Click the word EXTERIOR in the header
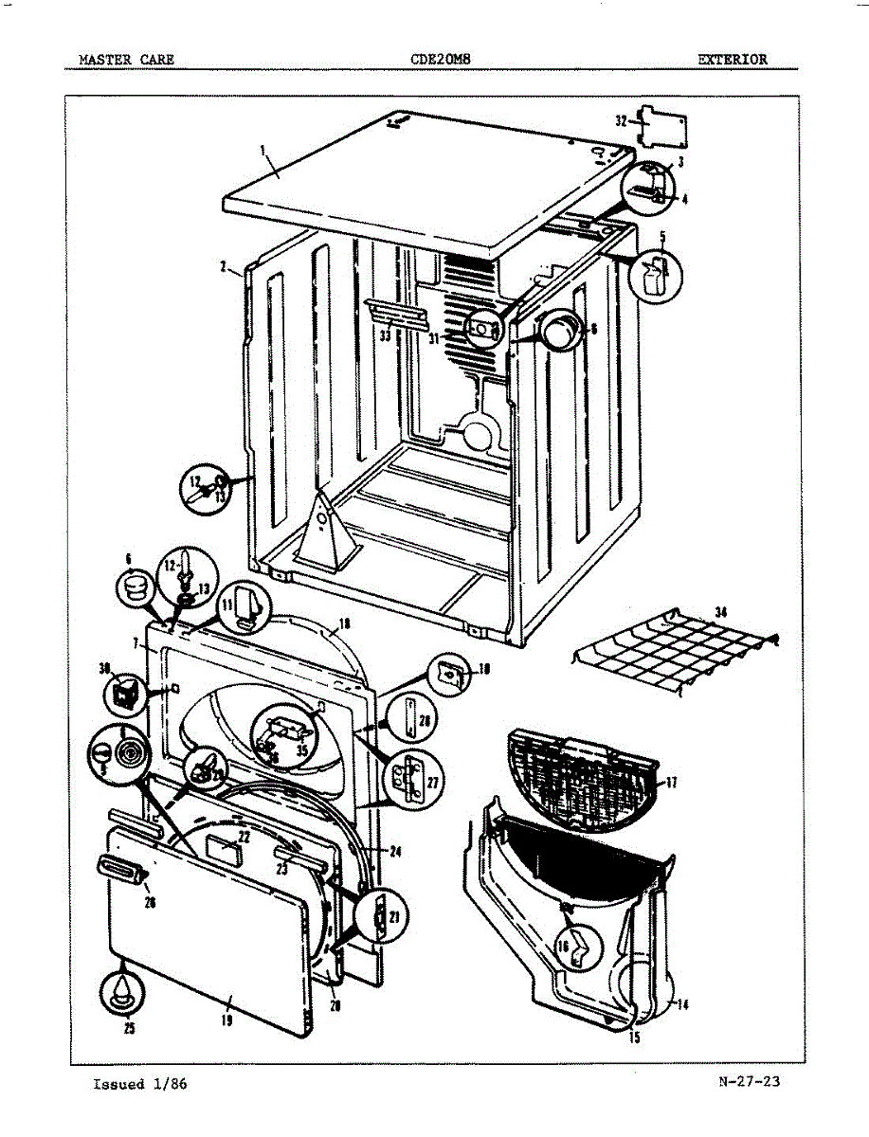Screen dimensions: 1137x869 point(733,59)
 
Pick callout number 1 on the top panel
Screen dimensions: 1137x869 point(262,149)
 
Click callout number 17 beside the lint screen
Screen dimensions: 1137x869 point(672,783)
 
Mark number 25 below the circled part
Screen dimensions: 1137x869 point(128,1029)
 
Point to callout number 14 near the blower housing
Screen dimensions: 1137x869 point(683,1005)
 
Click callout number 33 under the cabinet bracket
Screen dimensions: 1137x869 point(385,335)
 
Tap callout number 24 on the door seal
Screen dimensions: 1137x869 point(394,852)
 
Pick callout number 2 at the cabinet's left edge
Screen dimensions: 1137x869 point(222,268)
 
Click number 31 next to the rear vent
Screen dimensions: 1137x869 point(432,336)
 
